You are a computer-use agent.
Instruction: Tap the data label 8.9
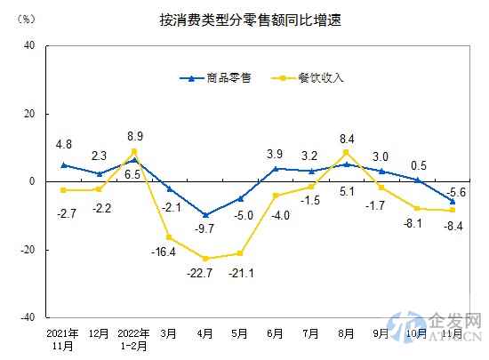coord(135,136)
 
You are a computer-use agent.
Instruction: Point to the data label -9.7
coord(205,228)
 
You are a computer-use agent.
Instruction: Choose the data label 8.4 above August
coord(348,138)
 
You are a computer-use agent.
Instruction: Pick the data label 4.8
coord(63,142)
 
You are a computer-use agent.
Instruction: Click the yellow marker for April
coord(206,259)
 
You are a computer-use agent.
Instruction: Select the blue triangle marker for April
coord(206,214)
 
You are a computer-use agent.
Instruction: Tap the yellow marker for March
coord(170,237)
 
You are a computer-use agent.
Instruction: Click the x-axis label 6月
coord(276,335)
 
